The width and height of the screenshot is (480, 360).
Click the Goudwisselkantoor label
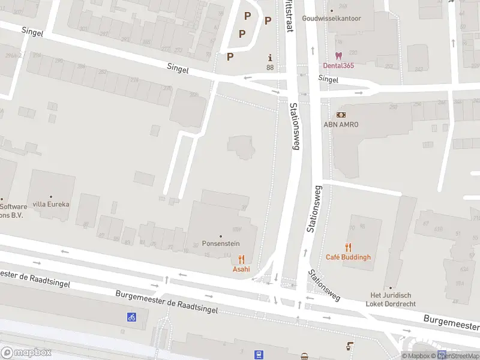point(332,19)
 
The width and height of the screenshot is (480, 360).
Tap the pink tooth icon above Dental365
point(338,55)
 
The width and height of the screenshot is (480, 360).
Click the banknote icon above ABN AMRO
point(341,115)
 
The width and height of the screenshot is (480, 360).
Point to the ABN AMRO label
point(341,124)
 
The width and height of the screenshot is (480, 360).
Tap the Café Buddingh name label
point(348,257)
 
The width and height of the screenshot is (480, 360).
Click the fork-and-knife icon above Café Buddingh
point(348,248)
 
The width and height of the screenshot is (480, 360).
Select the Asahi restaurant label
point(241,269)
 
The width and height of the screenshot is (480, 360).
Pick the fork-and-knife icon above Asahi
point(241,259)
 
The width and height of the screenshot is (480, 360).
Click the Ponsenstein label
point(221,245)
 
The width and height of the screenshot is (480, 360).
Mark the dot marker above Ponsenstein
point(221,236)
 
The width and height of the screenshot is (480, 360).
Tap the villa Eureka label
point(51,204)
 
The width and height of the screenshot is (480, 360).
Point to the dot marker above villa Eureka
point(51,196)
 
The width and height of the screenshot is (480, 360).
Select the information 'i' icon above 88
point(270,58)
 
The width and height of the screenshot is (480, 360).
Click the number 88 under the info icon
point(270,68)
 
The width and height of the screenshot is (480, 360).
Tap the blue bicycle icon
point(131,317)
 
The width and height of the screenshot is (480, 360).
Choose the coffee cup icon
point(350,346)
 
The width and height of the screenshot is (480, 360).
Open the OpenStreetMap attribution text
point(459,356)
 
